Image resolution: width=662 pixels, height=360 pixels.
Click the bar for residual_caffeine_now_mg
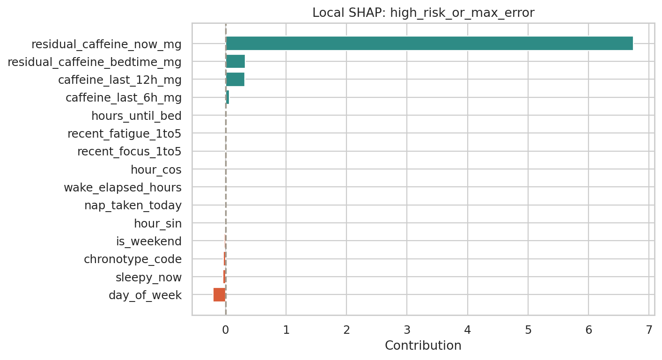click(429, 44)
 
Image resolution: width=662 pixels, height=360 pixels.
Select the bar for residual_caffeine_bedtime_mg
click(235, 61)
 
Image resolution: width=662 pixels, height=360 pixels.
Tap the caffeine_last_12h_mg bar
click(235, 80)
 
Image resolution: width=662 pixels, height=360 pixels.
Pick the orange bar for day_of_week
click(219, 295)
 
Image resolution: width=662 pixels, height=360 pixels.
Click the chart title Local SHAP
click(423, 13)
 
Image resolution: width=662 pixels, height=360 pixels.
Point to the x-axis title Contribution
click(423, 345)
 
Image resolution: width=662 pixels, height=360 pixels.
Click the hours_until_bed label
click(136, 116)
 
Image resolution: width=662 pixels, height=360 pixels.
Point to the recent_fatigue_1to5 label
click(124, 134)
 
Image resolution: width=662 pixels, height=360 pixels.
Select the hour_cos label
click(156, 169)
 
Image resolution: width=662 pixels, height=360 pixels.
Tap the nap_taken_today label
click(133, 206)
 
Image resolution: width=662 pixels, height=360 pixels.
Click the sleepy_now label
click(148, 277)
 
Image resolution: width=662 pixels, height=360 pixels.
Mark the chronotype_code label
click(132, 259)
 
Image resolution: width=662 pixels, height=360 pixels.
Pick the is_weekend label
click(149, 242)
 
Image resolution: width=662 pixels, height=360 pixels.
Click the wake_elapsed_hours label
click(123, 188)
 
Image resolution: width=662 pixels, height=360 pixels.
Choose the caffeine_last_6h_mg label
click(124, 98)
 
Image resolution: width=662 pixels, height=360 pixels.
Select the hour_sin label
click(158, 224)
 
